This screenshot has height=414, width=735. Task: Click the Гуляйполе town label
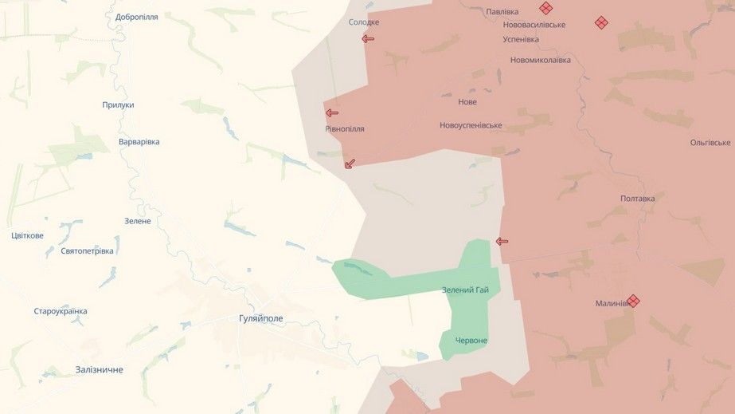260,318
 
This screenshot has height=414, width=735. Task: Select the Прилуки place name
118,104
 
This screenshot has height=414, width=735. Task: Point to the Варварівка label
139,142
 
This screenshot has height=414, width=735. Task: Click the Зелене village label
137,221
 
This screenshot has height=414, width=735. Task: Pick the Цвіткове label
28,235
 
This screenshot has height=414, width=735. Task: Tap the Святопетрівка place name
87,250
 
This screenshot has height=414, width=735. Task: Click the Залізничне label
99,369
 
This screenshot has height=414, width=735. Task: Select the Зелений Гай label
465,290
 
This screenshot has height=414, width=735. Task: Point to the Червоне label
471,341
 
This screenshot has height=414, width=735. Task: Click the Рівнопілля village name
345,128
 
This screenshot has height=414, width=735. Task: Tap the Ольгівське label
710,143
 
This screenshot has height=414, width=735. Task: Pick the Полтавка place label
637,199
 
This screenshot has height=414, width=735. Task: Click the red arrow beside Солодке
368,38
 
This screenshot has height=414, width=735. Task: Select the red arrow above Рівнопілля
332,113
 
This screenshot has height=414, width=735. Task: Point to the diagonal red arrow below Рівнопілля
349,164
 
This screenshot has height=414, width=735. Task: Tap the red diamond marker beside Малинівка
633,301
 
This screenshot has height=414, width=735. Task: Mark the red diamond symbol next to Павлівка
545,9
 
